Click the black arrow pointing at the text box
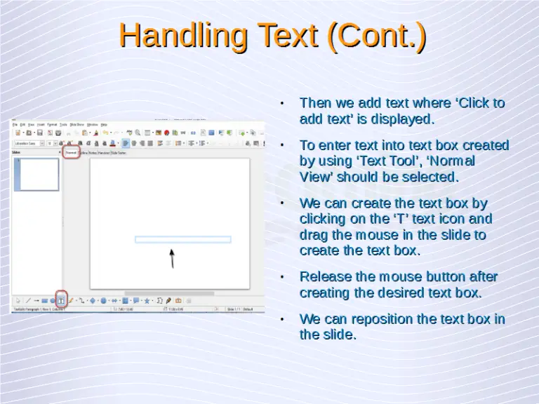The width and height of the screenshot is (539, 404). click(x=172, y=257)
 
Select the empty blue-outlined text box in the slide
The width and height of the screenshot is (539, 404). click(x=182, y=239)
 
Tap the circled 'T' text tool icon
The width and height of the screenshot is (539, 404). click(x=61, y=300)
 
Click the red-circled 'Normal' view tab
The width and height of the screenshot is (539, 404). click(x=71, y=152)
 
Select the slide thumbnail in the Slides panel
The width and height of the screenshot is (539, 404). click(x=37, y=175)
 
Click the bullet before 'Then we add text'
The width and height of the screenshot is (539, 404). click(x=281, y=104)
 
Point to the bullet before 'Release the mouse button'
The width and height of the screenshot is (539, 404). click(x=281, y=277)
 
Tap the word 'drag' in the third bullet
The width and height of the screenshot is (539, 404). click(x=316, y=235)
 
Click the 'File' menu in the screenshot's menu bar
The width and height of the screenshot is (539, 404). click(x=15, y=125)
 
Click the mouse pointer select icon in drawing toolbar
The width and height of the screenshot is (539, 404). click(x=18, y=301)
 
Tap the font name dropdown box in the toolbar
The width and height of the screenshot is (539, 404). click(x=28, y=143)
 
